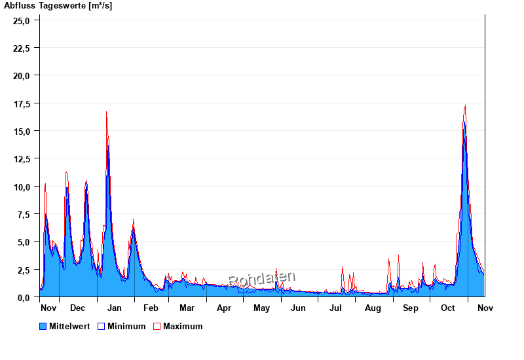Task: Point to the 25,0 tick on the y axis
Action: (x=22, y=20)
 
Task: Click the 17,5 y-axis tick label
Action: (x=22, y=103)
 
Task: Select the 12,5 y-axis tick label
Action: (x=22, y=159)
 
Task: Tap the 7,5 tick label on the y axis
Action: (x=24, y=215)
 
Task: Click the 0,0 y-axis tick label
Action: (x=24, y=297)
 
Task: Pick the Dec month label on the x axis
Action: (x=77, y=308)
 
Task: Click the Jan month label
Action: (x=114, y=308)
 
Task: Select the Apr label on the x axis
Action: (x=224, y=308)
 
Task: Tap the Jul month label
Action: (x=335, y=308)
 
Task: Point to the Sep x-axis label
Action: (x=411, y=308)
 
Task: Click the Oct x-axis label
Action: (x=448, y=308)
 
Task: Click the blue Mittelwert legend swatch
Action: (x=43, y=326)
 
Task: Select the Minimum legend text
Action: (x=126, y=326)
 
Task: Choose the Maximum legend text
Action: (x=183, y=326)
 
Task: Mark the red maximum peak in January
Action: (x=106, y=113)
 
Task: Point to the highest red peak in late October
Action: (x=465, y=105)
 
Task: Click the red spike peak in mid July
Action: (x=343, y=267)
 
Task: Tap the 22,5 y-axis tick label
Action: (x=22, y=48)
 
